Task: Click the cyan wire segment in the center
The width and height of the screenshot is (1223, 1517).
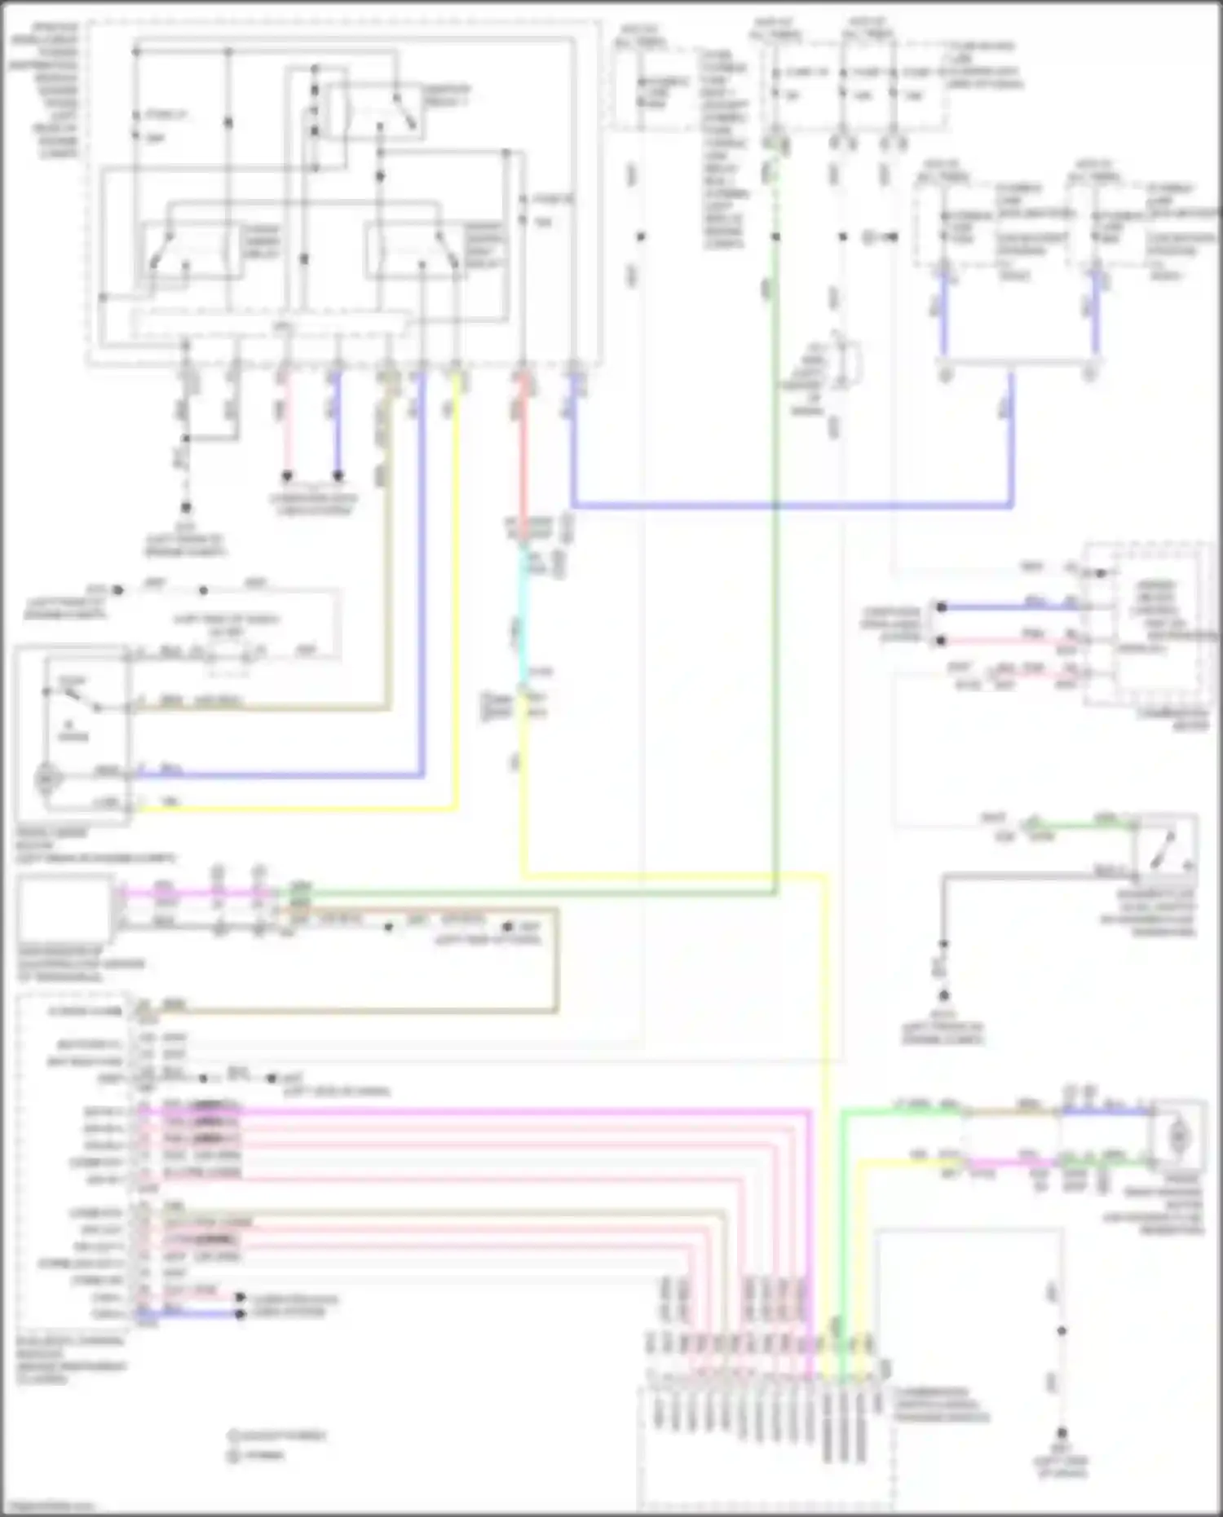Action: [x=523, y=620]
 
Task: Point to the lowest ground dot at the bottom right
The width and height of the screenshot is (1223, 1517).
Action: [x=1062, y=1433]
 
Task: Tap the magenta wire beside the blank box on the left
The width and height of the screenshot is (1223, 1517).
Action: [x=188, y=893]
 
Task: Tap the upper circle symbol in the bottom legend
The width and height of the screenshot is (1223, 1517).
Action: [x=232, y=1435]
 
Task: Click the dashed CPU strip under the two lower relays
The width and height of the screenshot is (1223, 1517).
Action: [x=269, y=324]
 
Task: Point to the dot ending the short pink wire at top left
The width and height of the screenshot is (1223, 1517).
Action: [x=287, y=476]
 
